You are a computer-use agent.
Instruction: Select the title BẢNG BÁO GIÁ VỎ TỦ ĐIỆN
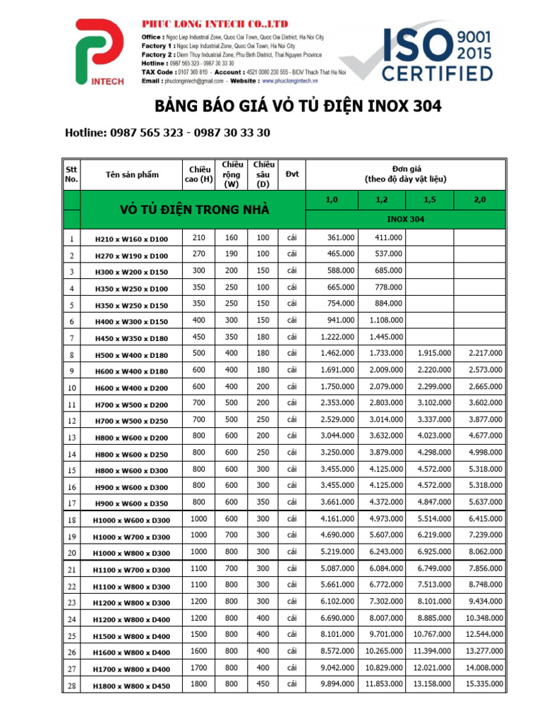click(298, 107)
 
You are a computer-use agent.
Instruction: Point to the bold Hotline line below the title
click(167, 133)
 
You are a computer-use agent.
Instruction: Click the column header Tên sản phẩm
click(132, 174)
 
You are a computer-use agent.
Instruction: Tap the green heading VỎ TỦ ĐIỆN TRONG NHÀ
click(195, 210)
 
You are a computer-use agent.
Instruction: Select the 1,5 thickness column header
click(430, 201)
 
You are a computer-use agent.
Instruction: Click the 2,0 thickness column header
click(481, 201)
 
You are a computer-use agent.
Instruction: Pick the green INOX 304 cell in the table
click(406, 219)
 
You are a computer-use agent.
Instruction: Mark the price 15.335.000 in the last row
click(483, 684)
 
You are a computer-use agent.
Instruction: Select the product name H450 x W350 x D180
click(132, 338)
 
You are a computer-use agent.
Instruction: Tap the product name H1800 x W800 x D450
click(132, 686)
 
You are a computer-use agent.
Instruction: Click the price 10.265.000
click(384, 651)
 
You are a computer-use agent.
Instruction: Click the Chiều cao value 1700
click(198, 667)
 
